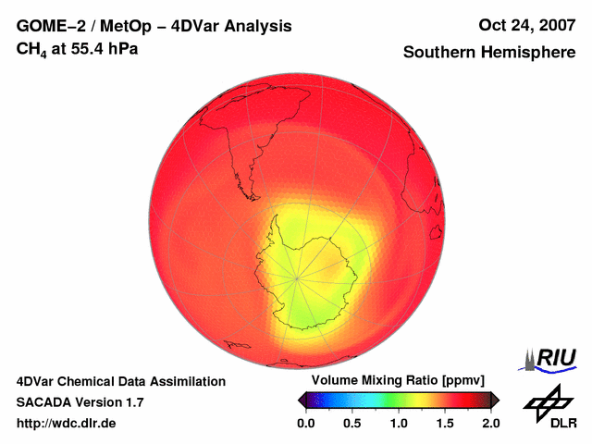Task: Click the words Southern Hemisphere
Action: (x=489, y=53)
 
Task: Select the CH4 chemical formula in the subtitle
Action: (x=30, y=49)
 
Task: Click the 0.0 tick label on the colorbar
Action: (x=305, y=423)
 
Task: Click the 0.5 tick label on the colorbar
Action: (x=351, y=423)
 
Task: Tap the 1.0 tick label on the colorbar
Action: (x=398, y=423)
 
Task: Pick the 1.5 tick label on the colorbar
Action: (x=444, y=423)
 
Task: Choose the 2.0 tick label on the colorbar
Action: (x=490, y=423)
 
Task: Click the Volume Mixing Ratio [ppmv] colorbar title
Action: (x=398, y=380)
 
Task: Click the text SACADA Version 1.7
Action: (x=80, y=402)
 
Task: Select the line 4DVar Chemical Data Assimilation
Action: (x=120, y=381)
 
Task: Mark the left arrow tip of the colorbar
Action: (x=299, y=400)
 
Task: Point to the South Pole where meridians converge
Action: (x=298, y=277)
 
